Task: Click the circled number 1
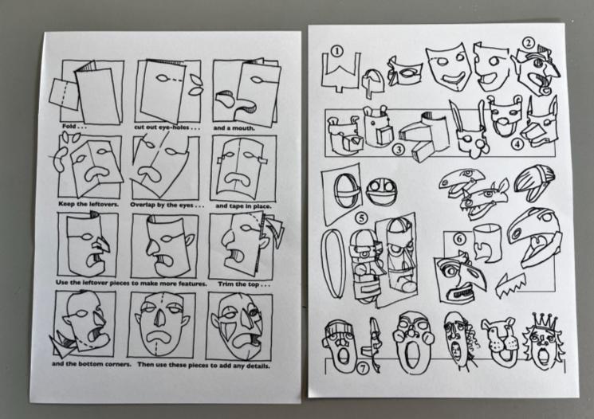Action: coord(336,51)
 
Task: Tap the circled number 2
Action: coord(529,42)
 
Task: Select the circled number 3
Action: coord(398,150)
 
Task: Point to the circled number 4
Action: coord(517,144)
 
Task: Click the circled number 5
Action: coord(362,218)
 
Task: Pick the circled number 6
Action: coord(459,239)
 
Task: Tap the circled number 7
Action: coord(363,368)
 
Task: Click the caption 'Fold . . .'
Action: coord(74,126)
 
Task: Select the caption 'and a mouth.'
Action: coord(234,128)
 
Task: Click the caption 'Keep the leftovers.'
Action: coord(89,204)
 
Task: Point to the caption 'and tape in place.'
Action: coord(243,206)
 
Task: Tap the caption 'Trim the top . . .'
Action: coord(244,284)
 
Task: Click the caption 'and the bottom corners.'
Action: coord(92,364)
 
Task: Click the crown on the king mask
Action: coord(545,322)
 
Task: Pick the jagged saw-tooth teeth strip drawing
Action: coord(510,285)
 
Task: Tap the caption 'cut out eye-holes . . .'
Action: coord(167,127)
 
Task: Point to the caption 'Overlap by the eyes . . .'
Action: coord(167,206)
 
